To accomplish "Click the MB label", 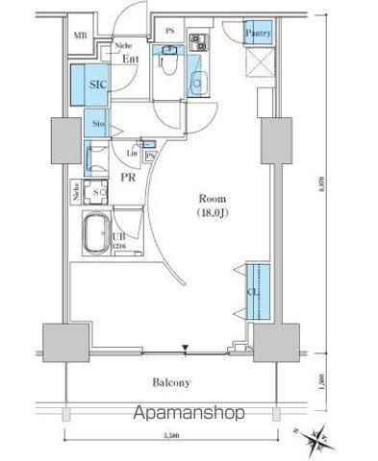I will pos(81,36).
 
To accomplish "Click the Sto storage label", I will pos(98,124).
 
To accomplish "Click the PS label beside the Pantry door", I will pos(169,31).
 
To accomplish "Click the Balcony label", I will pos(170,381).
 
